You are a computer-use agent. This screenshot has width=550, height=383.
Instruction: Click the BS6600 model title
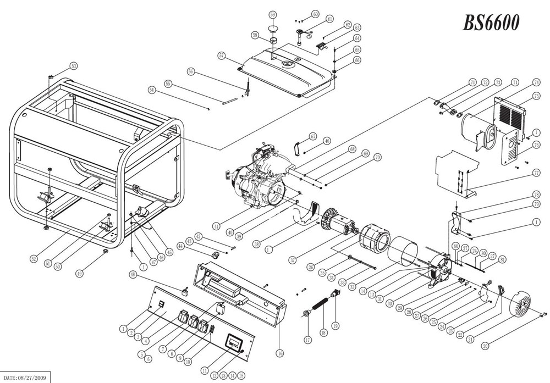tap(491, 23)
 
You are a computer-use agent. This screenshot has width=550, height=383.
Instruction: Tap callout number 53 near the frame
tap(73, 66)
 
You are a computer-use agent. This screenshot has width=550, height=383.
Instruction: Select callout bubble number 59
tap(272, 14)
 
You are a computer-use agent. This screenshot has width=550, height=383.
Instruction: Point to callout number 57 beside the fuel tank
tap(222, 55)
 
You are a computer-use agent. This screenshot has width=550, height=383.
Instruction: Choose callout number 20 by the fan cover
tap(485, 346)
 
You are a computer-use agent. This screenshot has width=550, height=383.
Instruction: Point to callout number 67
tap(312, 136)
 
